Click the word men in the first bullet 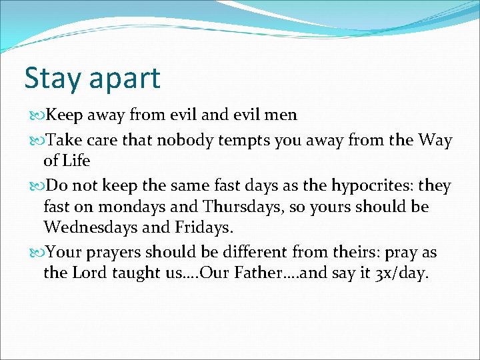(x=280, y=115)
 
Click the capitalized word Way (x=435, y=141)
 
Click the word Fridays (x=203, y=227)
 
